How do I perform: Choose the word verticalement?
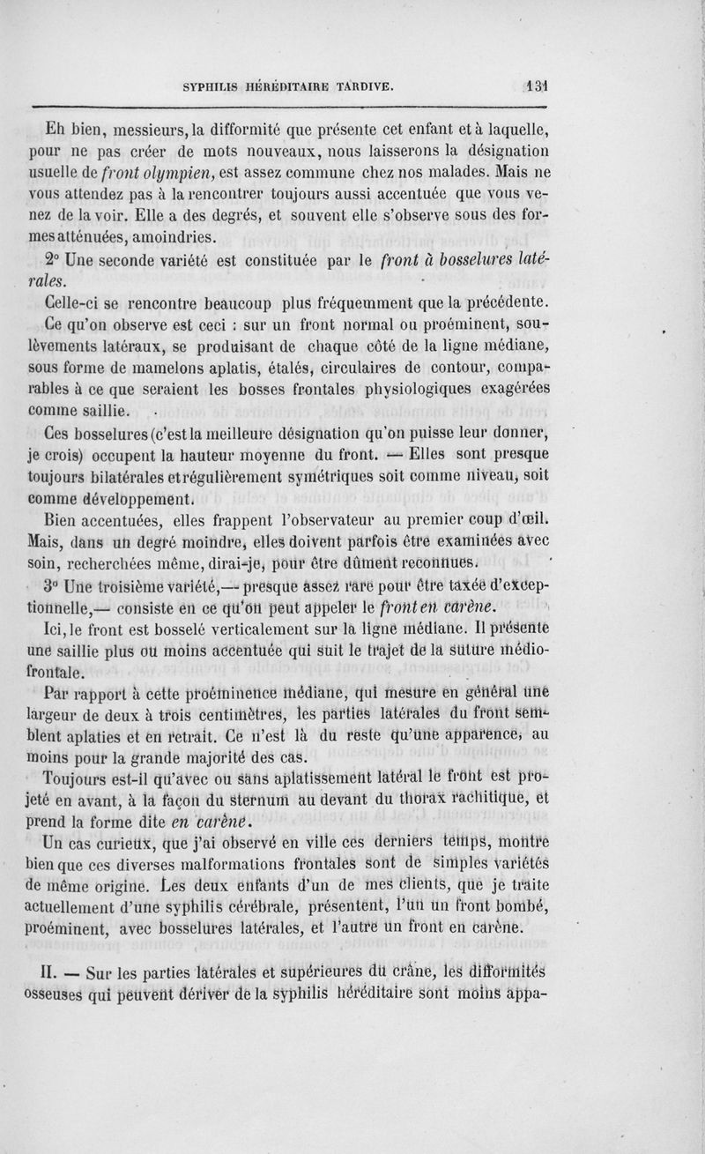264,628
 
